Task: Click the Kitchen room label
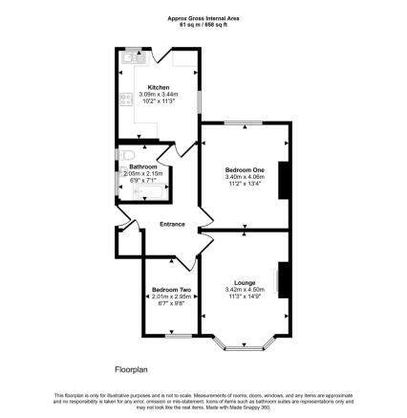point(158,85)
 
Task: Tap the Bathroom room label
point(143,166)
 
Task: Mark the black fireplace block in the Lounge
point(282,283)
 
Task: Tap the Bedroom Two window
point(173,336)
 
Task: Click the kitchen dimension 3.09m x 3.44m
point(158,94)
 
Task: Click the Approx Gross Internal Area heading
point(203,17)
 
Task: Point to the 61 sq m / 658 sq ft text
point(203,25)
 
